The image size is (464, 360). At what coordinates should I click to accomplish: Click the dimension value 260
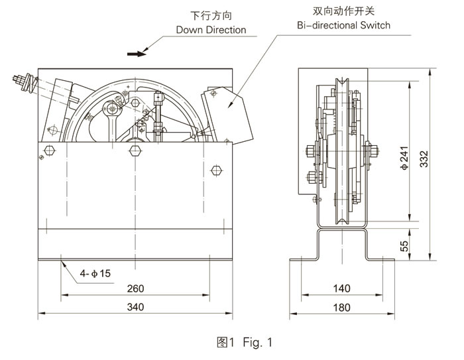pyautogui.click(x=135, y=288)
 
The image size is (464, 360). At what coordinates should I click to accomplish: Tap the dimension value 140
pyautogui.click(x=342, y=288)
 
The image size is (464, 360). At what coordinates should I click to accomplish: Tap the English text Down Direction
pyautogui.click(x=211, y=30)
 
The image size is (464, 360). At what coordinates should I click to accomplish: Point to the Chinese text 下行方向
pyautogui.click(x=211, y=15)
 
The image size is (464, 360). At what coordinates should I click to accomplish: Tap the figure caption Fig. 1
pyautogui.click(x=258, y=343)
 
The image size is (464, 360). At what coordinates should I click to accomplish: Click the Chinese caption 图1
pyautogui.click(x=226, y=343)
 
